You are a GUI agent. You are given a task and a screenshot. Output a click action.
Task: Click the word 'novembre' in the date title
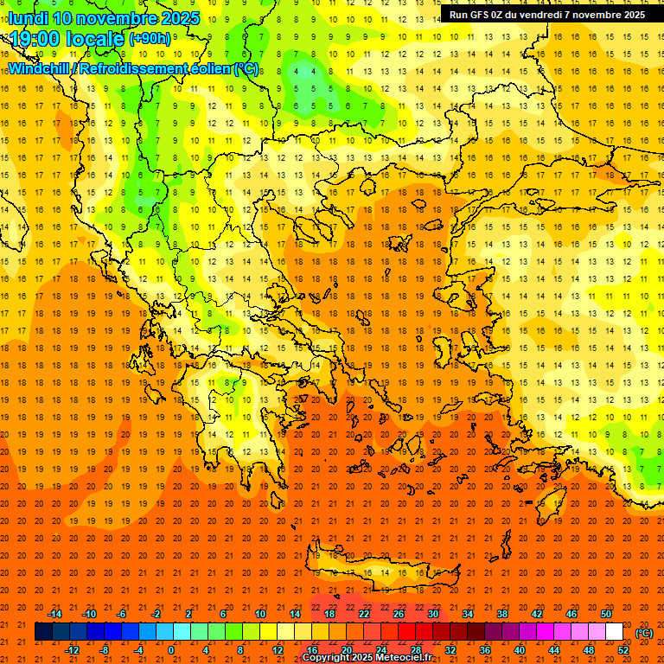pos(124,18)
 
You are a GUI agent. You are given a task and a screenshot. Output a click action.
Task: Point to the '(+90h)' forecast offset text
pos(150,39)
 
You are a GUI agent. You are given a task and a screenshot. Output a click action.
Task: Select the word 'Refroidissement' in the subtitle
pos(139,68)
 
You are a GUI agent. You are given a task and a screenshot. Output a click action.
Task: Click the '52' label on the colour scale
pos(623,650)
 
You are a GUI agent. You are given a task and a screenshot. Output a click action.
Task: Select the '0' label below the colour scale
pos(171,650)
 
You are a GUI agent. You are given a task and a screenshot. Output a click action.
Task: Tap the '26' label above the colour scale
pos(399,614)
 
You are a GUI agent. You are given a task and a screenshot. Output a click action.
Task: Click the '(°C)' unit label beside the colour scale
pos(644,633)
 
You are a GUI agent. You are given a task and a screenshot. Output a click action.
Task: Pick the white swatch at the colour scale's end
pos(614,632)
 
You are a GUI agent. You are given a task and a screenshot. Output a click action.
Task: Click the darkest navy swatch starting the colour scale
pos(43,632)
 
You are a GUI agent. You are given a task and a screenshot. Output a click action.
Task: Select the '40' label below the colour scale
pos(519,650)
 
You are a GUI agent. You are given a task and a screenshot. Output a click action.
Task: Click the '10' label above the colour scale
pos(260,614)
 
